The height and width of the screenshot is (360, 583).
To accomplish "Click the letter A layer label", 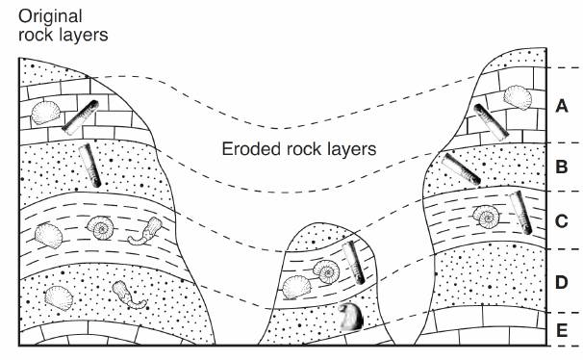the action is point(562,106).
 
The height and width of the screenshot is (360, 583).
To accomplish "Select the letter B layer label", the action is point(562,167).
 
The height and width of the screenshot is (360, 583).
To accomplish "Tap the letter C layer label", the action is point(562,221).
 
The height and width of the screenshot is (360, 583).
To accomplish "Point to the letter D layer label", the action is point(562,282).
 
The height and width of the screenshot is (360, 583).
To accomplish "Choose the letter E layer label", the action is point(562,330).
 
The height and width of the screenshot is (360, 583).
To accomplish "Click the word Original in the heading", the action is point(50,17).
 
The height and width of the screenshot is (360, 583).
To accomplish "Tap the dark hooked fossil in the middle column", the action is point(351,317).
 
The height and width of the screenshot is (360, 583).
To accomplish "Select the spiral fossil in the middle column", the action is point(326,271).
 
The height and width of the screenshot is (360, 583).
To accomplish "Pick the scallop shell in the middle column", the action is point(296,287).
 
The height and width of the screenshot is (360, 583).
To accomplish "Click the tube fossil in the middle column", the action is point(353,262).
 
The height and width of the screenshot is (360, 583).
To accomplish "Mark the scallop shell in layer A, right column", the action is point(518,97).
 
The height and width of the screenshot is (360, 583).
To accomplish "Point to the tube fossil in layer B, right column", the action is point(461,169).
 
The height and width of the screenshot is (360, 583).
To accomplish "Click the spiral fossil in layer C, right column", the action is point(486,217).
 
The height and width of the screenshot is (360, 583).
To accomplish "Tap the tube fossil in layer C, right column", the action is point(520,213).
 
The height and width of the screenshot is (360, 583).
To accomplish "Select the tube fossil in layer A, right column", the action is point(492,122).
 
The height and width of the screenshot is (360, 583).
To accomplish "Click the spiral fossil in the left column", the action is point(100,227).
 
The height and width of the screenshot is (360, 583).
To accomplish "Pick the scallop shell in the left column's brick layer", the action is point(46,112).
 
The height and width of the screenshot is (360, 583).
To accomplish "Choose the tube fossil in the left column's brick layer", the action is point(80,117).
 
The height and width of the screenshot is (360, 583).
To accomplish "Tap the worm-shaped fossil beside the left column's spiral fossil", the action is point(146,231).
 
